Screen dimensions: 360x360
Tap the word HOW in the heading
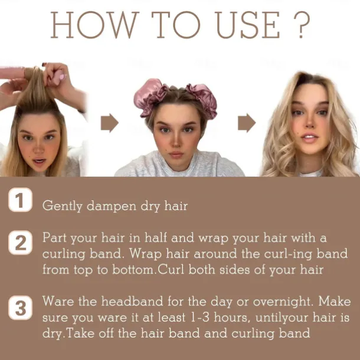tap(95, 25)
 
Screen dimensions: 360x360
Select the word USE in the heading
tap(248, 25)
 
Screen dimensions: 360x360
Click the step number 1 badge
tap(20, 199)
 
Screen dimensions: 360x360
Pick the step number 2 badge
tap(20, 243)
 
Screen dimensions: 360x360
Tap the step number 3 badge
tap(20, 307)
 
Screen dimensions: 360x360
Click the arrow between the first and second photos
tap(110, 123)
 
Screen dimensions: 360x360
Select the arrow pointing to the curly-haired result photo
tap(247, 123)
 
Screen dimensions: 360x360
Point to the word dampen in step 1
tap(112, 206)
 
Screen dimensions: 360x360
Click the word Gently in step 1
tap(62, 206)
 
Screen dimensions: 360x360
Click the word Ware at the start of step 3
tap(58, 301)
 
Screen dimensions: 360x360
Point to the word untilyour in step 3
tap(282, 318)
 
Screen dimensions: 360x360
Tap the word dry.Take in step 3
tap(68, 333)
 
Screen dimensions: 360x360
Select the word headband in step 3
tap(132, 301)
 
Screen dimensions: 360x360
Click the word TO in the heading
tap(176, 25)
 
